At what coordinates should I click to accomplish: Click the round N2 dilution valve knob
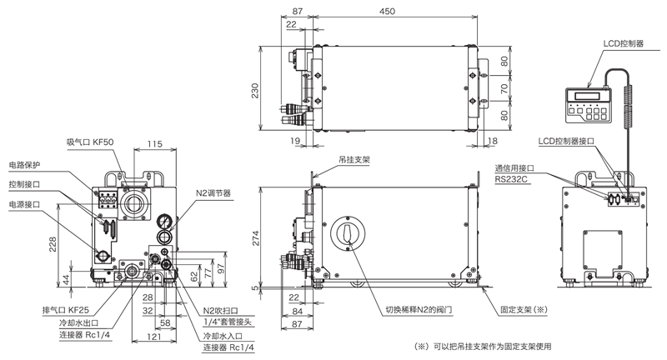[x=344, y=234]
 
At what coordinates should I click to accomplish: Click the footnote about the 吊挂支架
[x=483, y=346]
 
